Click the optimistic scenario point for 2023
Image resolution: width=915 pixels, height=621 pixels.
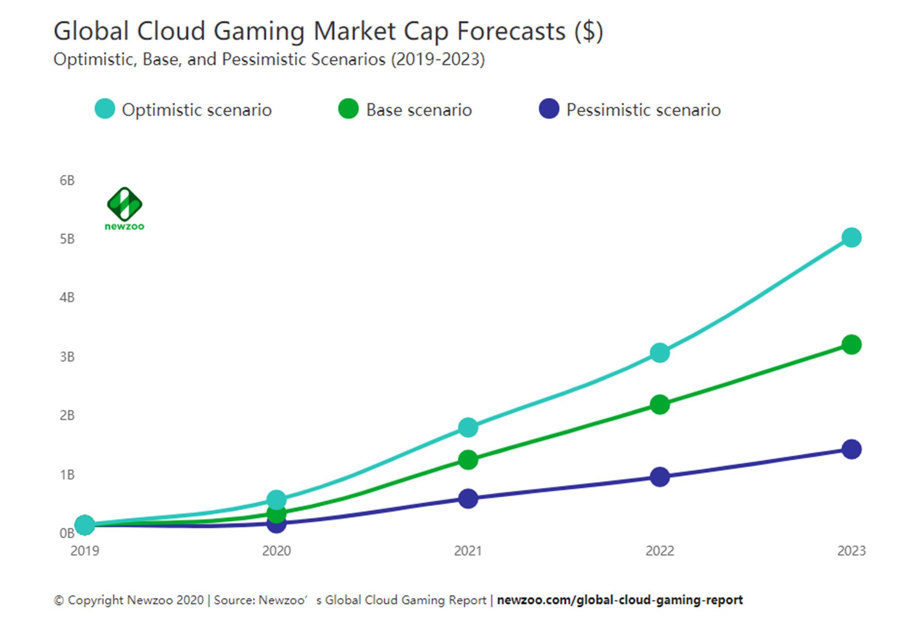pos(851,237)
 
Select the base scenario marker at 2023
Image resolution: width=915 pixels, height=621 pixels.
pos(851,345)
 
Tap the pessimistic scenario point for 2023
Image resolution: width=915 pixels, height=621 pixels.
pos(851,449)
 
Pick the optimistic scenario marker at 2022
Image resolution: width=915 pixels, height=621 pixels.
pos(660,353)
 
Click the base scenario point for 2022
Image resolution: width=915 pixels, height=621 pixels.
pos(660,405)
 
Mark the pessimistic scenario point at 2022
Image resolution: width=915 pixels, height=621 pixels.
pos(660,477)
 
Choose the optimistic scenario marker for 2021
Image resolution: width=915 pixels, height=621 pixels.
pos(468,427)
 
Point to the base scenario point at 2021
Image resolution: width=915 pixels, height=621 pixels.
pos(468,460)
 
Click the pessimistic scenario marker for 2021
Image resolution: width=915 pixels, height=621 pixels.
pos(468,499)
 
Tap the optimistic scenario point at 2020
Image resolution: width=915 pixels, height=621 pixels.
pos(276,499)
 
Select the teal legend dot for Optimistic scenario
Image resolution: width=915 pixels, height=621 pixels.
pos(105,109)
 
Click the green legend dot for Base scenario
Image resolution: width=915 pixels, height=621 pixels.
pos(348,109)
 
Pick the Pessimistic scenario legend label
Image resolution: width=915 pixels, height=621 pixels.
pos(643,110)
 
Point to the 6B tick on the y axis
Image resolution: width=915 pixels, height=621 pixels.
pos(67,181)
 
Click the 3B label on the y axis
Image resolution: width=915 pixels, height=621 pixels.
pos(67,357)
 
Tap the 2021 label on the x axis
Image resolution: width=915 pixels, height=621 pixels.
pos(468,551)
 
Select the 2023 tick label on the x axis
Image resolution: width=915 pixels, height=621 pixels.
pos(851,551)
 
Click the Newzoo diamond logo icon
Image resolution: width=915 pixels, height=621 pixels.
pos(124,204)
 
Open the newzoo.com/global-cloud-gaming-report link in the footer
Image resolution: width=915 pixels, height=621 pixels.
pos(620,600)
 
